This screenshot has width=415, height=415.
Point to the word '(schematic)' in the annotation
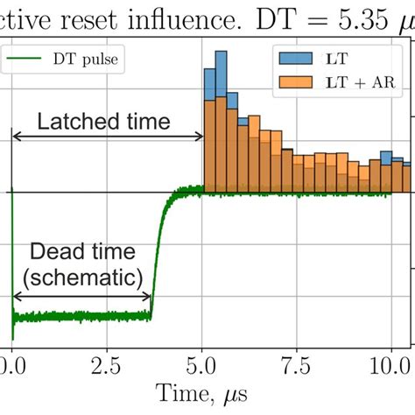pos(83,278)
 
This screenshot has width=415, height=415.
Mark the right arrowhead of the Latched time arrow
pos(199,137)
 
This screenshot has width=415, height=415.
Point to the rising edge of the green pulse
pos(158,254)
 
